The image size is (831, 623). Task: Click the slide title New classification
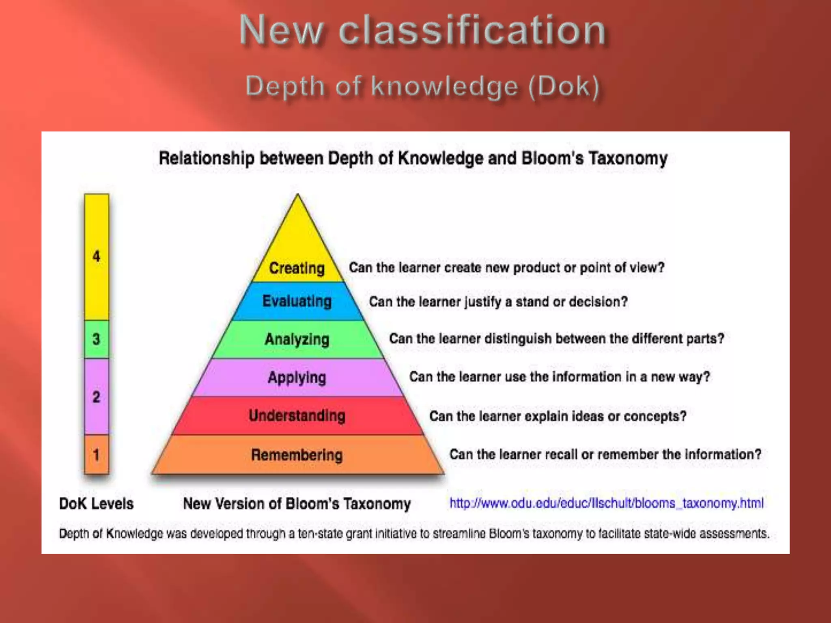click(x=422, y=30)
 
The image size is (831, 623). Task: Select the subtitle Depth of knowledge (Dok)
click(x=422, y=86)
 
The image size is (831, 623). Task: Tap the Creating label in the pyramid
click(x=297, y=268)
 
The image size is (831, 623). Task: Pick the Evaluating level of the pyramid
click(x=297, y=301)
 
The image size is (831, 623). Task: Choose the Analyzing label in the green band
click(x=297, y=339)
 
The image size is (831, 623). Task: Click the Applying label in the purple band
click(x=297, y=377)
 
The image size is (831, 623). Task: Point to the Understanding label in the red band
click(x=297, y=416)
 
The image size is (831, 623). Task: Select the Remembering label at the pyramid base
click(x=297, y=455)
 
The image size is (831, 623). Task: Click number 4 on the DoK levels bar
click(x=96, y=256)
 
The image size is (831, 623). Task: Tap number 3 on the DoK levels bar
click(x=96, y=339)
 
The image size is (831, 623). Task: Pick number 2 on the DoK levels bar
click(x=96, y=397)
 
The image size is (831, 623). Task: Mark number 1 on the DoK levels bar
click(x=96, y=455)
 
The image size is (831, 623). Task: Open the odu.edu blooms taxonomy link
click(x=606, y=503)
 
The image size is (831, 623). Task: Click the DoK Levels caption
click(x=96, y=504)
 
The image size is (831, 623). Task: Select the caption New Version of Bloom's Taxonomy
click(x=297, y=504)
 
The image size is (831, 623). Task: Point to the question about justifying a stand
click(x=498, y=302)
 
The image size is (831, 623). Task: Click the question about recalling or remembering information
click(x=605, y=454)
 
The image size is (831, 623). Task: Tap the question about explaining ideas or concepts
click(x=558, y=416)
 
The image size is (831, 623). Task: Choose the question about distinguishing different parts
click(x=556, y=339)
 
